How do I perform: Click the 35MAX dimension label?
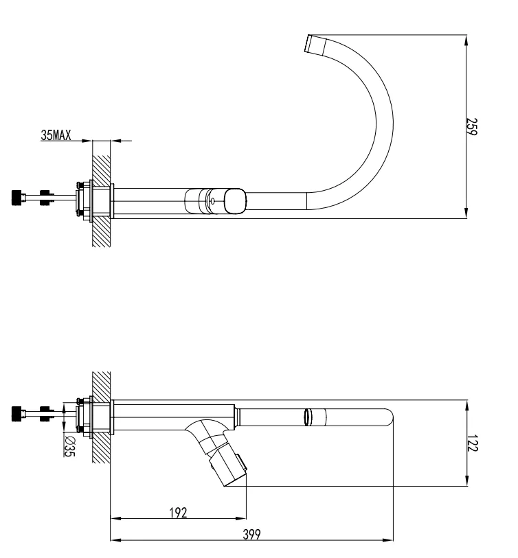coord(56,135)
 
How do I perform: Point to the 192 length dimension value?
coord(179,512)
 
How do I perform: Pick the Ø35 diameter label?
coord(69,447)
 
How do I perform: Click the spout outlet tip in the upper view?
coord(315,44)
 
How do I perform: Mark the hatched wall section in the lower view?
coord(101,419)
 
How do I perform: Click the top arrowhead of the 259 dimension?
coord(467,38)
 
